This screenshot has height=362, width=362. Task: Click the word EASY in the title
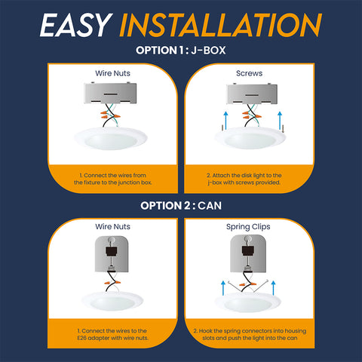76,25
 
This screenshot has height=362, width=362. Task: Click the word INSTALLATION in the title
221,25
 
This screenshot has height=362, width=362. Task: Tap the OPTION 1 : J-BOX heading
181,51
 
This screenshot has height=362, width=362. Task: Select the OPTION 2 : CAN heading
181,206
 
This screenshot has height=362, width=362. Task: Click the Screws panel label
249,73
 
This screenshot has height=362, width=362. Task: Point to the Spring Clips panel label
248,227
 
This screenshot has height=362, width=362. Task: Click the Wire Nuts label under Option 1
112,73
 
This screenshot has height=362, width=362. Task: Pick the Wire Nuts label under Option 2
112,226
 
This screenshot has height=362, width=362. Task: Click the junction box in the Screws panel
252,94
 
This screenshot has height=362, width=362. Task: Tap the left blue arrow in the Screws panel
225,121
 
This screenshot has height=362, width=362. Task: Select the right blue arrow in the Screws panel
280,121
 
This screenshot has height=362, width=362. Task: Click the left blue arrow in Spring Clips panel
223,288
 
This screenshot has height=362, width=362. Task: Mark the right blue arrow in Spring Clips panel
274,288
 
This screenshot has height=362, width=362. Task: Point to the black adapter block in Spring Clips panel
248,250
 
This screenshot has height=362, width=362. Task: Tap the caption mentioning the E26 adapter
112,334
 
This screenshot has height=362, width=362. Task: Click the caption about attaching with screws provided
244,179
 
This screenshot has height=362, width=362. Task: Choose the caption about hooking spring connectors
250,334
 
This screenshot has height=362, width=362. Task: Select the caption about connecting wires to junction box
112,179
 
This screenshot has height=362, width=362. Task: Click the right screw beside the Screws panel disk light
284,129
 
